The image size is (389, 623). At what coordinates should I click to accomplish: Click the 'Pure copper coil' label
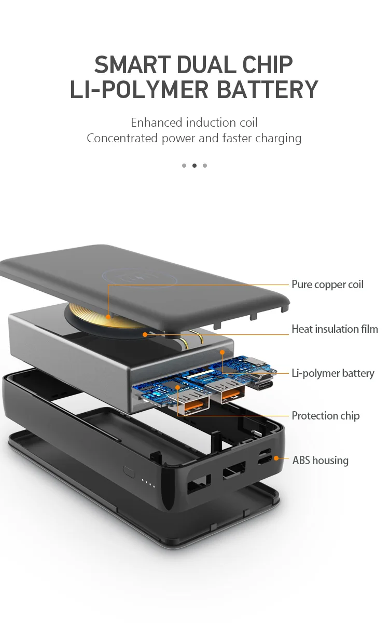tap(327, 285)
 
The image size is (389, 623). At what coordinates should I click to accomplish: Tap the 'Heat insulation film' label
tap(335, 329)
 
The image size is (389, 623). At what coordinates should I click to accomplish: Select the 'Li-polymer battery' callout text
tap(333, 373)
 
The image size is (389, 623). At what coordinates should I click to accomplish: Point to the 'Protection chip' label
tap(326, 416)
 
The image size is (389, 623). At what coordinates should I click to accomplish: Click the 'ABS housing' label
tap(321, 461)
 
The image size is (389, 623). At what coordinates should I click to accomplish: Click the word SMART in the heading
tap(132, 65)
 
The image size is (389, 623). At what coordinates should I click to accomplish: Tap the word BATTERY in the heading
tap(267, 89)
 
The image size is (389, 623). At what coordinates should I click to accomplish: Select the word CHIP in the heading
tap(267, 65)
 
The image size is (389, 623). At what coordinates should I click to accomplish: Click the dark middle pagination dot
tap(195, 166)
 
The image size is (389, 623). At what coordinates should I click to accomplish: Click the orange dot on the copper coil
tap(108, 317)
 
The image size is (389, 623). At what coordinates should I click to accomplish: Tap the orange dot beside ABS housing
tap(276, 458)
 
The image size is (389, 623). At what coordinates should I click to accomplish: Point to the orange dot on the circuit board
tap(177, 387)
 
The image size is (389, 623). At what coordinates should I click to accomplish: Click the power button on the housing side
tap(129, 472)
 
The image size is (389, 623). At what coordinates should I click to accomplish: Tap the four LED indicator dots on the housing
tap(148, 483)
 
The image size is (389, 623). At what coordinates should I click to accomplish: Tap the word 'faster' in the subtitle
tap(238, 138)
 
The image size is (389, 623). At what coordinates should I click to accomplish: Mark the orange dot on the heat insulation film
tap(145, 334)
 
